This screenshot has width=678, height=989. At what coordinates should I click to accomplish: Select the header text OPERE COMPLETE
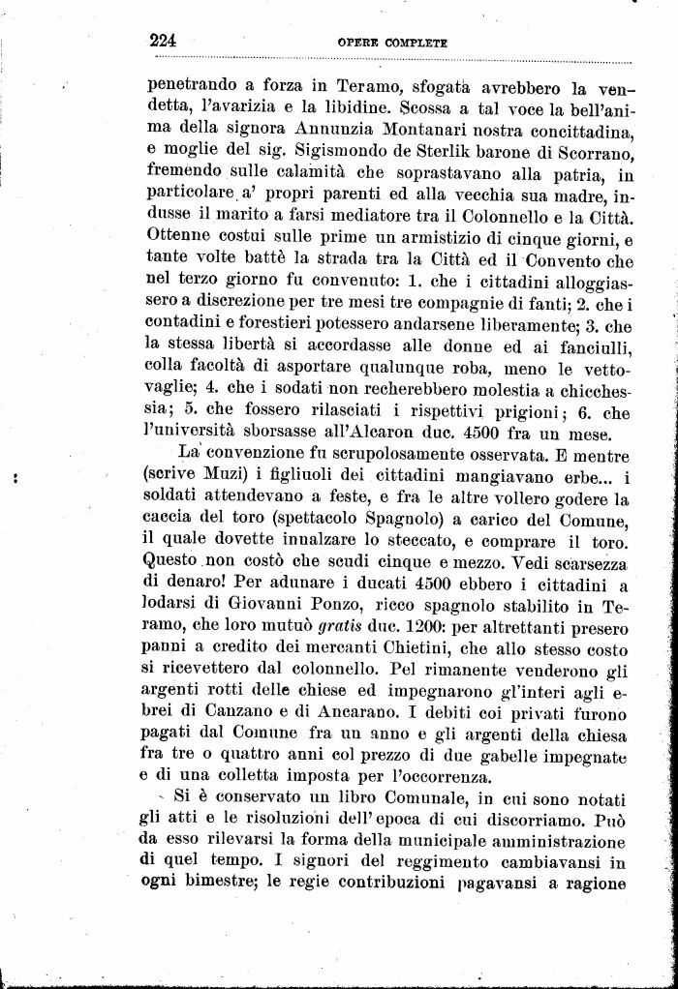pos(391,44)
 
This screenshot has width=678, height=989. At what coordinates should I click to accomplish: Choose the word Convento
pos(565,259)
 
